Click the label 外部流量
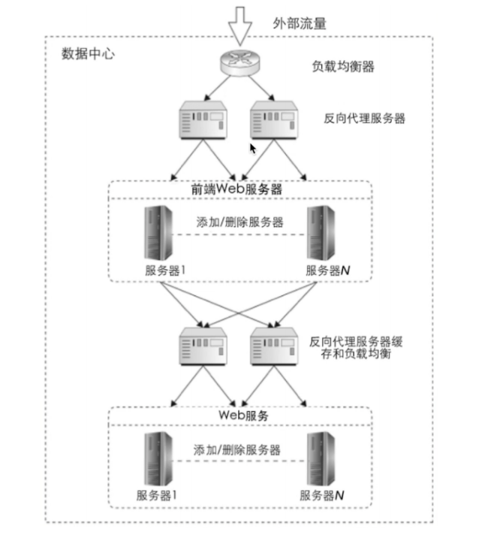pos(300,23)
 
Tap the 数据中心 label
pos(88,54)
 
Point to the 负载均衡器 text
pos(343,67)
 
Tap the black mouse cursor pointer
pos(253,148)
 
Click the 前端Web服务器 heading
pos(237,189)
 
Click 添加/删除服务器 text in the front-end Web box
pos(239,222)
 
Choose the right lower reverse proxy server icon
pos(277,347)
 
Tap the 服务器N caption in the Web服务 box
pos(322,495)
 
